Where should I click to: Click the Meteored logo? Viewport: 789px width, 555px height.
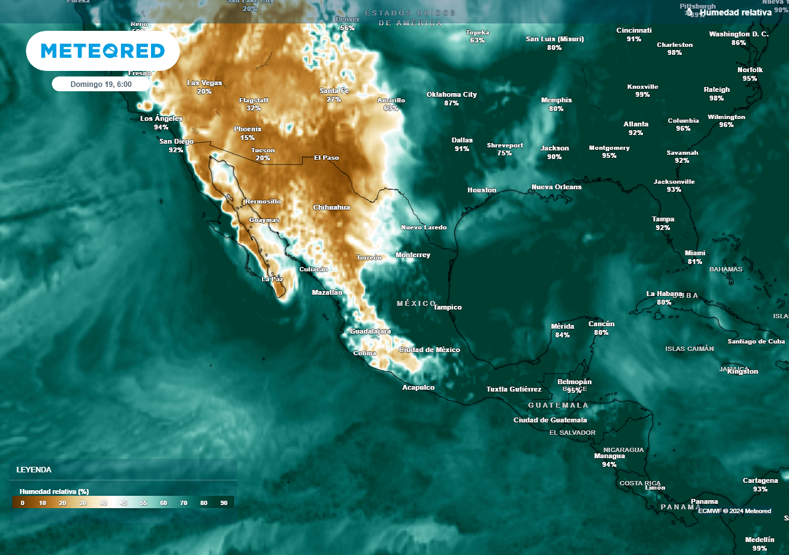tap(103, 51)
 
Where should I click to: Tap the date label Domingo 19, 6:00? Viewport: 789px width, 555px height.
tap(101, 84)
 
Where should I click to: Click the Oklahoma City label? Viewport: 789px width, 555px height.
tap(452, 94)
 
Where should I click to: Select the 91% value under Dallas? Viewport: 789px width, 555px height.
tap(462, 149)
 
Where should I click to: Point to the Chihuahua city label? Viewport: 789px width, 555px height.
tap(331, 207)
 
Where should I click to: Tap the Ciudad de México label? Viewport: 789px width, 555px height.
tap(430, 350)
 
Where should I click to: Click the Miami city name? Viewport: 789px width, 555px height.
tap(695, 253)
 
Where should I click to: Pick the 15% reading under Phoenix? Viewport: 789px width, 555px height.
tap(248, 138)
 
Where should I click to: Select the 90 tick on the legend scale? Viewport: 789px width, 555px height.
tap(224, 503)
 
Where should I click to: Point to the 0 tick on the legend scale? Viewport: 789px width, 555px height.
tap(22, 503)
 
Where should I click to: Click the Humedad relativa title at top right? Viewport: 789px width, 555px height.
tap(735, 12)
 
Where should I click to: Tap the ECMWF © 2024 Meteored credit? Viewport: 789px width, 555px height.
tap(734, 511)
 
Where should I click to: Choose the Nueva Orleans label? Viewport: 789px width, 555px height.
tap(557, 187)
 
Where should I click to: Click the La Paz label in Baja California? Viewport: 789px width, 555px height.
tap(272, 279)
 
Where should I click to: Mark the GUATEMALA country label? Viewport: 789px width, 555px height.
tap(558, 405)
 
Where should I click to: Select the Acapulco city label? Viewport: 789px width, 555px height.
tap(419, 387)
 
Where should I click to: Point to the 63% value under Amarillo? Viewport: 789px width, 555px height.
tap(391, 108)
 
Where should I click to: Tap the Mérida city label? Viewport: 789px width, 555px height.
tap(562, 326)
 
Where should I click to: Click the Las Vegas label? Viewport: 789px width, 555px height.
tap(205, 83)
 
